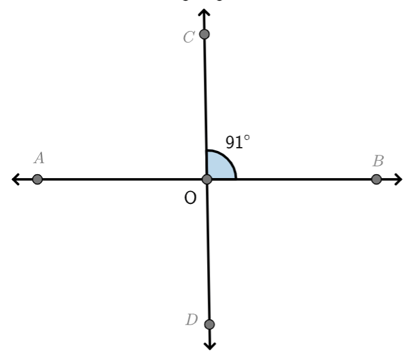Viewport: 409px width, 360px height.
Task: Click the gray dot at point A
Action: pyautogui.click(x=37, y=179)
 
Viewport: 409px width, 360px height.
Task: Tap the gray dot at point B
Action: pyautogui.click(x=377, y=179)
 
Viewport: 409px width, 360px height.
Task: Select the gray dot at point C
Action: pyautogui.click(x=204, y=34)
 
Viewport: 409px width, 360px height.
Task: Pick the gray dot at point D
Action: pyautogui.click(x=209, y=324)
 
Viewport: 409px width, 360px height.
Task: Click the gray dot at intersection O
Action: pyautogui.click(x=207, y=179)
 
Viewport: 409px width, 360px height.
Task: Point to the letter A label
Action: pyautogui.click(x=39, y=157)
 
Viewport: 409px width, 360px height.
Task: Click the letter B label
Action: pyautogui.click(x=378, y=161)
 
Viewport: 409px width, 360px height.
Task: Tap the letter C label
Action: pyautogui.click(x=188, y=37)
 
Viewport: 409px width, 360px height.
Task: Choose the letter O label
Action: pyautogui.click(x=190, y=198)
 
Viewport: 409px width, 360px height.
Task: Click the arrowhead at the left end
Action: pyautogui.click(x=16, y=179)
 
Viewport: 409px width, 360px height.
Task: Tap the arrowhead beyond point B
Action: pyautogui.click(x=397, y=179)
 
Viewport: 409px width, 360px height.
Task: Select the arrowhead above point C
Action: pyautogui.click(x=204, y=14)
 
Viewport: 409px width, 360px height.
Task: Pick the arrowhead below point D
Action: pyautogui.click(x=210, y=345)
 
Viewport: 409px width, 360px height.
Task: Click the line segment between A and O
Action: pyautogui.click(x=123, y=179)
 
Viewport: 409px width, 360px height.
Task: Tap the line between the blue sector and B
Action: pyautogui.click(x=303, y=179)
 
